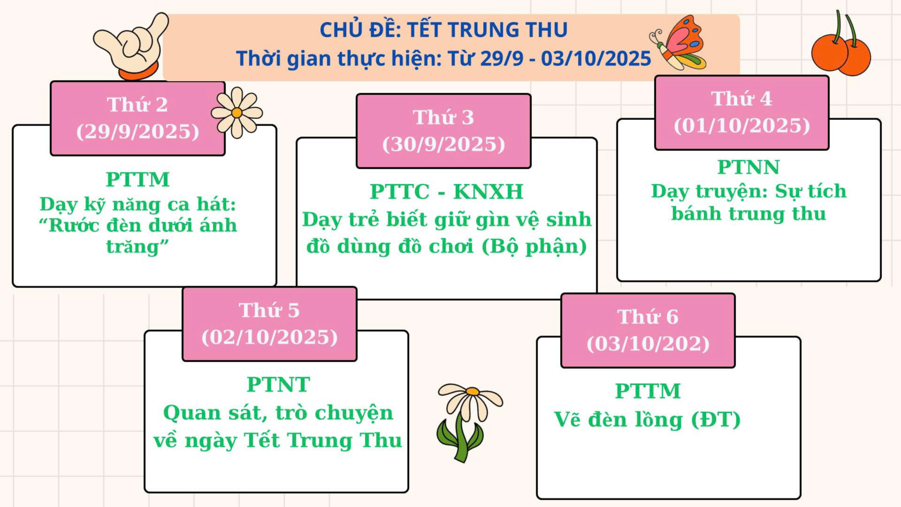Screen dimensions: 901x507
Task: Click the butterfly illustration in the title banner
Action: (678, 43)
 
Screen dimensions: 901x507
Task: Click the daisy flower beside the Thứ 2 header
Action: (237, 112)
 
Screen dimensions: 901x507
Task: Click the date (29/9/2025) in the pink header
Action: (138, 132)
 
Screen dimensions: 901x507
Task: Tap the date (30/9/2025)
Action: (444, 144)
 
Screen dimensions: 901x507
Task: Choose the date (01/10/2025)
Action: (742, 126)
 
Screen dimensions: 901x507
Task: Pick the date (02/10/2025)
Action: (269, 337)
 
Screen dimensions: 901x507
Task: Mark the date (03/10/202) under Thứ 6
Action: (648, 344)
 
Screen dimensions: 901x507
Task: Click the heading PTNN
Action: (748, 167)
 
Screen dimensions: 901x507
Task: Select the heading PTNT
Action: (278, 385)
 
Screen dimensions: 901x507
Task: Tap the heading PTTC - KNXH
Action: (447, 192)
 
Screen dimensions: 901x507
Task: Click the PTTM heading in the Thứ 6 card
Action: (648, 391)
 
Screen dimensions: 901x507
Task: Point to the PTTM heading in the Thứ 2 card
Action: (138, 179)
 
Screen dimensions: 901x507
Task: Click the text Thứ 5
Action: (269, 310)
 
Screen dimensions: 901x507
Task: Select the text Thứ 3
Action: (444, 117)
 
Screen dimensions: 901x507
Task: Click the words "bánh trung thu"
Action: (748, 214)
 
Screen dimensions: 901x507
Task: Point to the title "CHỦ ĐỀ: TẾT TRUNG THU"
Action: (444, 30)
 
